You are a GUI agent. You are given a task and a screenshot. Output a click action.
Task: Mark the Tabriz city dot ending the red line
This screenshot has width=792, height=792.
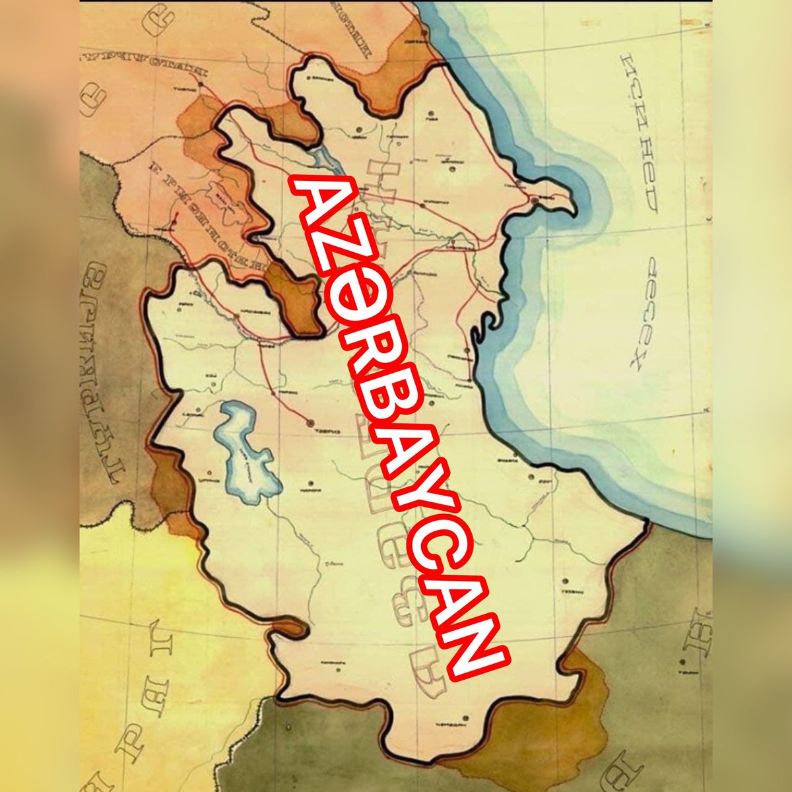click(310, 420)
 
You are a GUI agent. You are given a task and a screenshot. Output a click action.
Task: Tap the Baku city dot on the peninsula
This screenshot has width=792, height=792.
click(533, 200)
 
